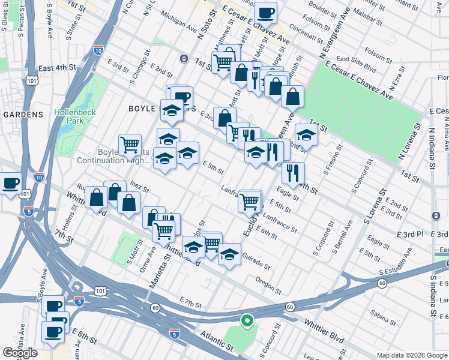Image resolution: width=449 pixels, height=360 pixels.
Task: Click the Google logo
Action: click(20, 353)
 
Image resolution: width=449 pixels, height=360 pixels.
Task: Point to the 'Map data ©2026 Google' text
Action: click(412, 355)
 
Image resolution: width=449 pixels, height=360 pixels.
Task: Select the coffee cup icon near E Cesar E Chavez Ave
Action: click(265, 12)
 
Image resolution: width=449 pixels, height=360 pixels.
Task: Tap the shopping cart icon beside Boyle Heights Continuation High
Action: click(130, 144)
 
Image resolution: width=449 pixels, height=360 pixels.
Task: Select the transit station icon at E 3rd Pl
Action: click(435, 215)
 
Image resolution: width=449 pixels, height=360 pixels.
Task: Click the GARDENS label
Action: click(23, 114)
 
